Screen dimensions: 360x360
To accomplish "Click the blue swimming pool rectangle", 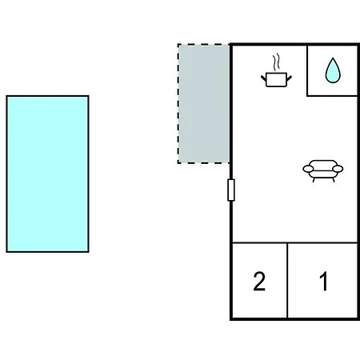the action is click(47, 174).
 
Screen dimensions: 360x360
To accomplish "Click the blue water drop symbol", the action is click(333, 70).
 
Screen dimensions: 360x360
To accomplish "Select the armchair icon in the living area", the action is click(323, 171).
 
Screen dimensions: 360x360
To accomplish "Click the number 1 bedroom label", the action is click(324, 282).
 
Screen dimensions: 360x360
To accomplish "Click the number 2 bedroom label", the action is click(259, 282).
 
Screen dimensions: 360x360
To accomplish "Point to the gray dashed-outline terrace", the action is click(204, 103).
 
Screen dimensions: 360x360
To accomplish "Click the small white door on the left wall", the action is click(231, 190).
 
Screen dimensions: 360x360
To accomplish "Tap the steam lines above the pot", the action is click(277, 62).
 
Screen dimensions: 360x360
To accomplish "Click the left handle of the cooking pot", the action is click(263, 78).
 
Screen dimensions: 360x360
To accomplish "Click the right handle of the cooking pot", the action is click(290, 78).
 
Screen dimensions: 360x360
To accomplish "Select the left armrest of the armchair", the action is click(308, 169).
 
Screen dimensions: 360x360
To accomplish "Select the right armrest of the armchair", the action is click(338, 169).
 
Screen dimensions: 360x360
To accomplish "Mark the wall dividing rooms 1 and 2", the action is click(287, 281).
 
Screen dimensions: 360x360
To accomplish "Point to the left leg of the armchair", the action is click(314, 180).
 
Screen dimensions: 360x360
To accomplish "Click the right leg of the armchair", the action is click(334, 180).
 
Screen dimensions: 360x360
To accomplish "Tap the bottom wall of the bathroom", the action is click(332, 95).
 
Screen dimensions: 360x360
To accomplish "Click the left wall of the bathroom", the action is click(307, 70).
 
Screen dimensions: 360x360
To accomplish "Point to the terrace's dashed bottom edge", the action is click(204, 162).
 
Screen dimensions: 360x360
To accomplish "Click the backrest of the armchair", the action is click(323, 163).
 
